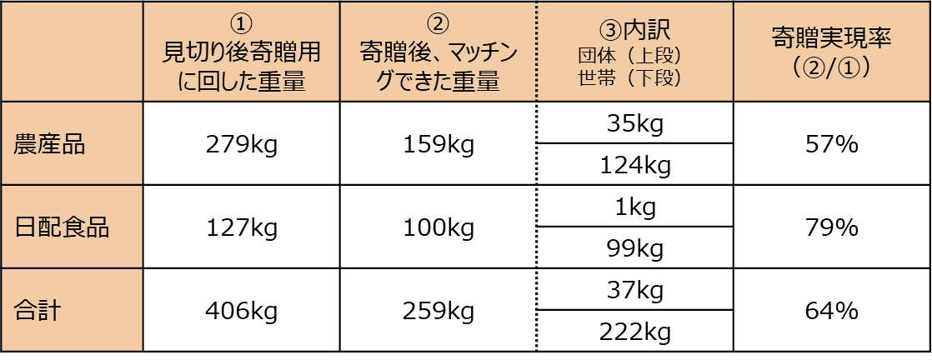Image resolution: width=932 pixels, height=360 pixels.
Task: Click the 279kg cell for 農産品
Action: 242,145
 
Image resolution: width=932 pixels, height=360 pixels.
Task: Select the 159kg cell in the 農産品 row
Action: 438,145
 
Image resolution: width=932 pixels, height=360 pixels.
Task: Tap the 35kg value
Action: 635,124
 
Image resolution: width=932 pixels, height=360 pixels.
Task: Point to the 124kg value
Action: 635,166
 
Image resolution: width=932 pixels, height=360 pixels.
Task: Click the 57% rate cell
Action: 831,145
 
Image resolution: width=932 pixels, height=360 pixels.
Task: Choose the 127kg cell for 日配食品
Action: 242,227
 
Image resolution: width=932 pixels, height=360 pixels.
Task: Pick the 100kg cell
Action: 438,227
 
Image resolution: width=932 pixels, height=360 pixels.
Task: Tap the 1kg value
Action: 635,207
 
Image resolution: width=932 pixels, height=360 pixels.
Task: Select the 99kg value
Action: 635,248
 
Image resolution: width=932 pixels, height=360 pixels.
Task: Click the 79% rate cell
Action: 831,227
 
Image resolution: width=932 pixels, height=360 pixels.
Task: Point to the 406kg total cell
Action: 242,311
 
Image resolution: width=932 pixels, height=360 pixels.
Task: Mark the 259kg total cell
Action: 438,311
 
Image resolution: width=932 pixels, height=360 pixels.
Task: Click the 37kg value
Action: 635,290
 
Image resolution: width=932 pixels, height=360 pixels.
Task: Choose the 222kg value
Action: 635,332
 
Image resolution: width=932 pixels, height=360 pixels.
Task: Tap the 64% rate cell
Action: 831,311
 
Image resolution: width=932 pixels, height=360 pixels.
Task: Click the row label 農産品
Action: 50,145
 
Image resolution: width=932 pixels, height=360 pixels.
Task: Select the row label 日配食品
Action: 63,227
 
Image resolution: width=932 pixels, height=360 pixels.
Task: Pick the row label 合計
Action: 38,311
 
